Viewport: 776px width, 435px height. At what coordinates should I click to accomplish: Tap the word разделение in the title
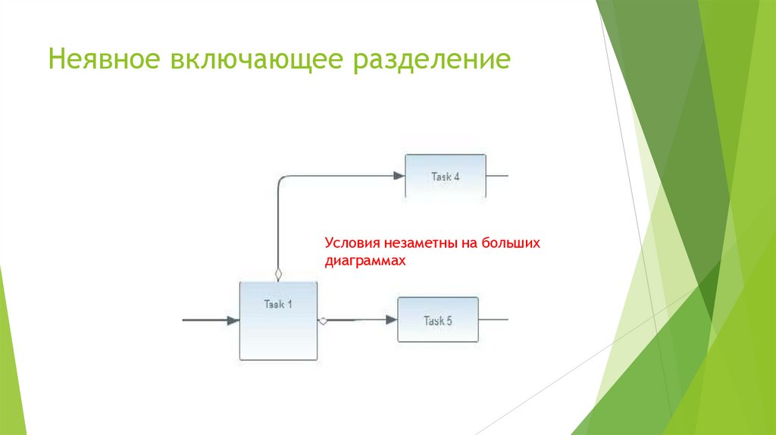click(429, 60)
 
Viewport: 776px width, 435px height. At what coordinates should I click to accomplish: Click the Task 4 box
click(446, 186)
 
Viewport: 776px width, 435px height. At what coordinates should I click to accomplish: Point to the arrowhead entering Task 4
click(399, 176)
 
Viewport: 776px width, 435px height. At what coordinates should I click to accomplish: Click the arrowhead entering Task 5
click(391, 320)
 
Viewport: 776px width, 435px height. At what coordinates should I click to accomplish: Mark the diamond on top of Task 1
click(278, 274)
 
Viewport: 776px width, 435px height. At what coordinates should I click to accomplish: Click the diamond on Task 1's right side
click(324, 321)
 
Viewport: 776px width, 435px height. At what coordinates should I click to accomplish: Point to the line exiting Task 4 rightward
click(497, 176)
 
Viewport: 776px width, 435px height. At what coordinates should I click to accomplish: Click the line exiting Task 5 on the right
click(493, 320)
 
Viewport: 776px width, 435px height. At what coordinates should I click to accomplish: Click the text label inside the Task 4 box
click(446, 177)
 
